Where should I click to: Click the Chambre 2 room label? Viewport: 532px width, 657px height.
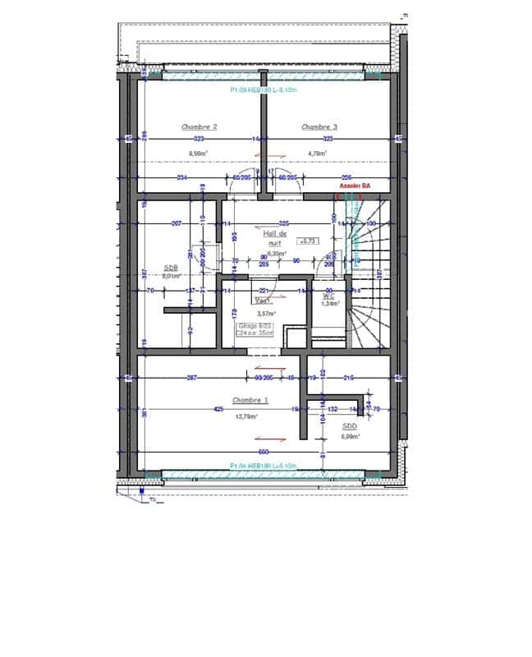[199, 127]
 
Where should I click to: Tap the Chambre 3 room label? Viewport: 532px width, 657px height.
[319, 127]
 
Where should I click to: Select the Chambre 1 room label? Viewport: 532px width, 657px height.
[250, 400]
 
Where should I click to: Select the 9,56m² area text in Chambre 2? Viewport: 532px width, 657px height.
[198, 153]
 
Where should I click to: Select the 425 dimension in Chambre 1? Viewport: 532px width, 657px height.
[218, 408]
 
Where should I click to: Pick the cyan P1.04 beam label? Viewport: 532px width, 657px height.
[264, 466]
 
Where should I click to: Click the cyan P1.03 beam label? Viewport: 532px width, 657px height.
[262, 90]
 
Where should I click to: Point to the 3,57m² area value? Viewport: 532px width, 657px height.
[266, 314]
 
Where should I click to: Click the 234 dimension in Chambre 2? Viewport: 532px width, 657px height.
[181, 177]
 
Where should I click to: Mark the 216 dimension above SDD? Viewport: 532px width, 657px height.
[348, 377]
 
